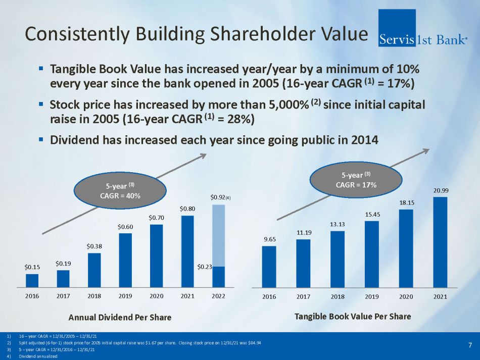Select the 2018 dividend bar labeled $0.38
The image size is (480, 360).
[x=94, y=270]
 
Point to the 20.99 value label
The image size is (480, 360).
[x=440, y=190]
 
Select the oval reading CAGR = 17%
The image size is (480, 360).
[x=356, y=181]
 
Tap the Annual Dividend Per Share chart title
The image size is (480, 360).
[x=120, y=317]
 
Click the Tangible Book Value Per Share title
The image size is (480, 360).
[x=353, y=317]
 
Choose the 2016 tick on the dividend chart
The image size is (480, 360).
[x=32, y=296]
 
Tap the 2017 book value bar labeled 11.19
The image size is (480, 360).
[x=303, y=263]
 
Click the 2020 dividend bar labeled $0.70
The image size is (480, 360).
[x=156, y=255]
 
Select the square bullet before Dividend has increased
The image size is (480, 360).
[x=41, y=138]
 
